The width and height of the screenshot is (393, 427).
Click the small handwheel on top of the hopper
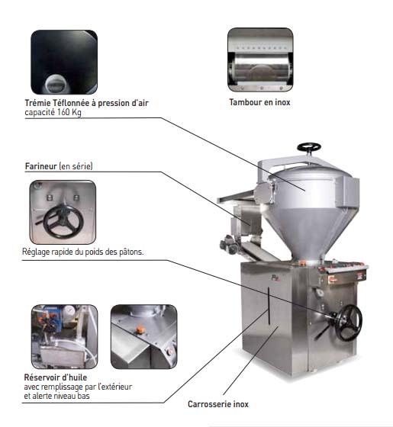tap(309, 147)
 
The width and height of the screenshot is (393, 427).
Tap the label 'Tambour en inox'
tap(259, 102)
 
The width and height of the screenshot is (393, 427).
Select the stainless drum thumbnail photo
tap(260, 60)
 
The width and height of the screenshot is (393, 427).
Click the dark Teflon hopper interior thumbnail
tap(64, 63)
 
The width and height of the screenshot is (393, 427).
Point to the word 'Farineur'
tap(41, 166)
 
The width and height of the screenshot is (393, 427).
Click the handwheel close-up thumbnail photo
tap(63, 212)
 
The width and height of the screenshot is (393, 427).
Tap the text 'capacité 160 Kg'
tap(53, 112)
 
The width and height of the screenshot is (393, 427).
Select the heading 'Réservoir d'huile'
tap(56, 377)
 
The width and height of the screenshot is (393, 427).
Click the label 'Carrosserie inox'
tap(218, 404)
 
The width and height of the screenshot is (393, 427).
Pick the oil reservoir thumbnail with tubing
tap(65, 336)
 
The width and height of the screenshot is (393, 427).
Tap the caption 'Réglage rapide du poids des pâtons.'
tap(82, 252)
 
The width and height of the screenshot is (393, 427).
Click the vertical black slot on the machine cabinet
tap(269, 306)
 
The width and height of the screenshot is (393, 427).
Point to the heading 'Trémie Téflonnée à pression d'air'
tap(87, 103)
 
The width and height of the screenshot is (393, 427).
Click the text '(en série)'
tap(76, 166)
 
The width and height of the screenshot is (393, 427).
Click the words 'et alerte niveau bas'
tap(56, 396)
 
